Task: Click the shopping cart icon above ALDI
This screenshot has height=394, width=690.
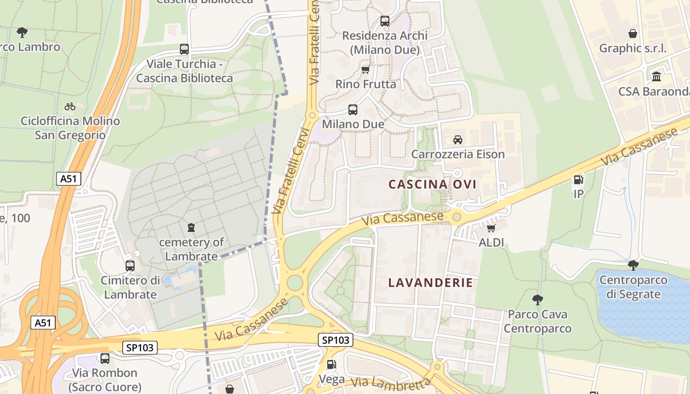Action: [x=491, y=228]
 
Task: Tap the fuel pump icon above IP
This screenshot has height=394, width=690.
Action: [x=579, y=180]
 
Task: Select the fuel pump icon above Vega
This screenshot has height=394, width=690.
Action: [x=332, y=364]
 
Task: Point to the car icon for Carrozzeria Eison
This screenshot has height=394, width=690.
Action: [x=458, y=140]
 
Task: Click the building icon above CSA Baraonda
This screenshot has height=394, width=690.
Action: [x=656, y=77]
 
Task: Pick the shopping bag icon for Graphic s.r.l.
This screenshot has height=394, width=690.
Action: [x=633, y=33]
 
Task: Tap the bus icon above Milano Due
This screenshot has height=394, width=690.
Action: [x=353, y=110]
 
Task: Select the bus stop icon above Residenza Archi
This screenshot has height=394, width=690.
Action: [x=385, y=21]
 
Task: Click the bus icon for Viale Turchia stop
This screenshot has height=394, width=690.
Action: [x=184, y=49]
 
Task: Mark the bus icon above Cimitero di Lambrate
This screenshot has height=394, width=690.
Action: [x=130, y=266]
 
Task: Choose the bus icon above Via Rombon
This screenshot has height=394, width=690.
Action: [x=105, y=359]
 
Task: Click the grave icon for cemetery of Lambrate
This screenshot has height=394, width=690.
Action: [x=191, y=228]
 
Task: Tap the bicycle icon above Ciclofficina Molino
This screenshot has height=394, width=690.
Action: [x=70, y=106]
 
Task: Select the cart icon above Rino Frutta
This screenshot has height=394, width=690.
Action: [x=365, y=69]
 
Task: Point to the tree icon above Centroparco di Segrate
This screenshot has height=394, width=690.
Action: [x=633, y=265]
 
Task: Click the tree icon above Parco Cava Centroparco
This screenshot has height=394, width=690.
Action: [x=538, y=299]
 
